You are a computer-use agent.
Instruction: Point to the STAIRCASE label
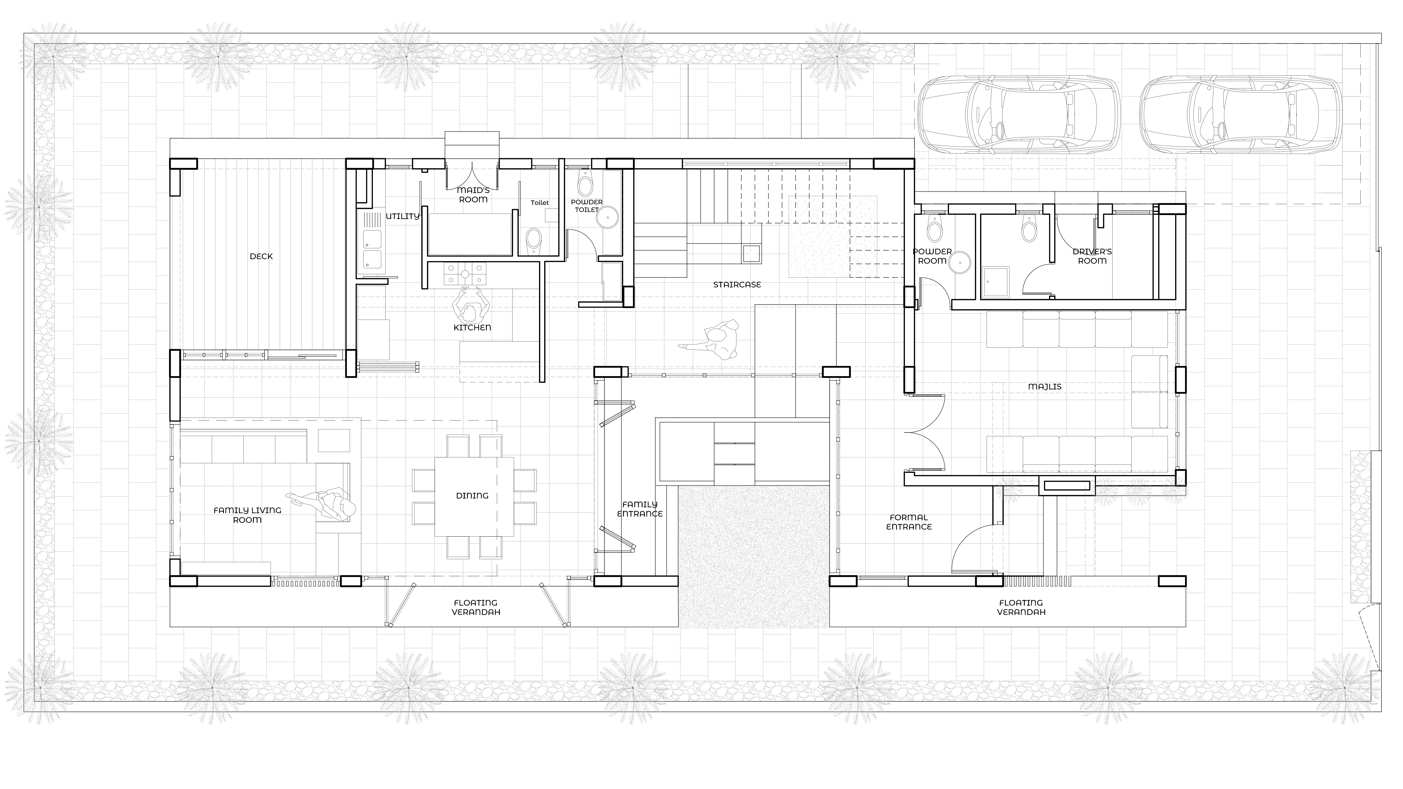click(x=737, y=285)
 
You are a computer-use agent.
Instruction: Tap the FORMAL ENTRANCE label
click(x=909, y=522)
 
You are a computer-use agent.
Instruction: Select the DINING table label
click(x=472, y=495)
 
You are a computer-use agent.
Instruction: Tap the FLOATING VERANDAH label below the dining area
click(x=475, y=607)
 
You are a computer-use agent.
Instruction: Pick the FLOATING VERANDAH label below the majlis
click(x=1021, y=607)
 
